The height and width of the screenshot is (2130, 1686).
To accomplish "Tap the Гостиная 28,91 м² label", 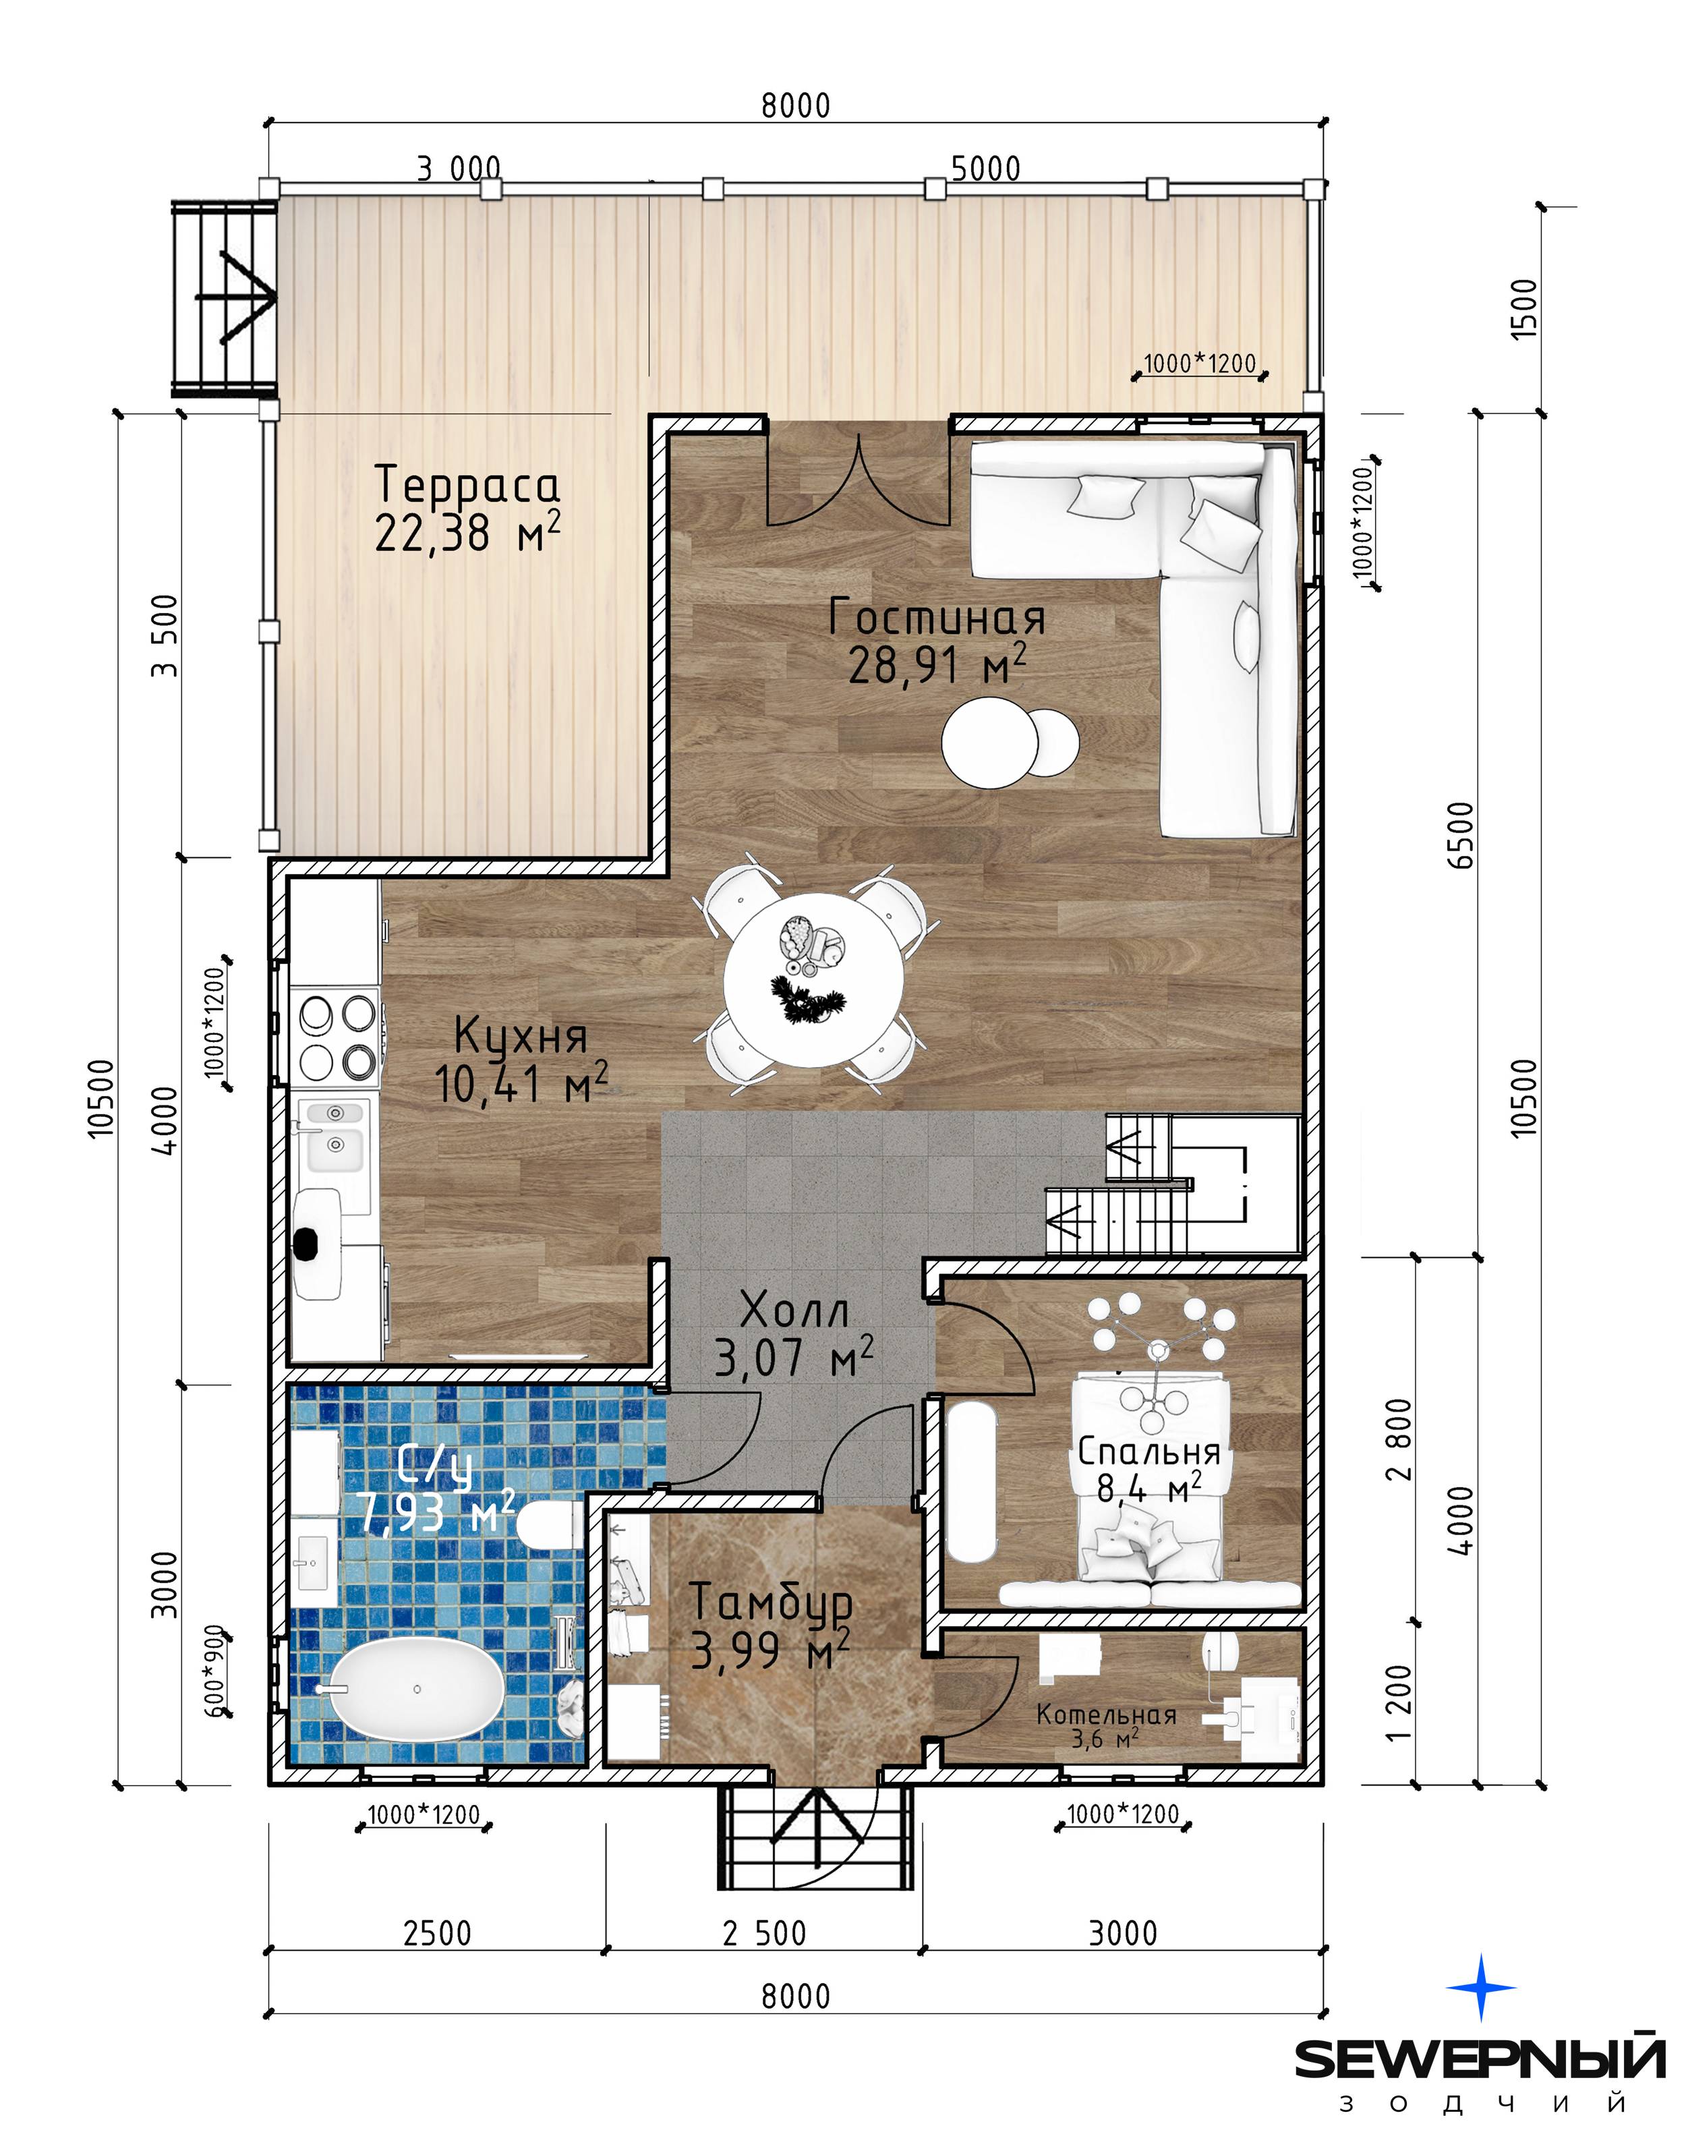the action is pyautogui.click(x=937, y=641).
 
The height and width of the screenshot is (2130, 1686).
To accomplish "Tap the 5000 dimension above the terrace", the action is pyautogui.click(x=985, y=169).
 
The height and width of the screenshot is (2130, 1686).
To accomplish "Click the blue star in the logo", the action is pyautogui.click(x=1481, y=1987).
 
